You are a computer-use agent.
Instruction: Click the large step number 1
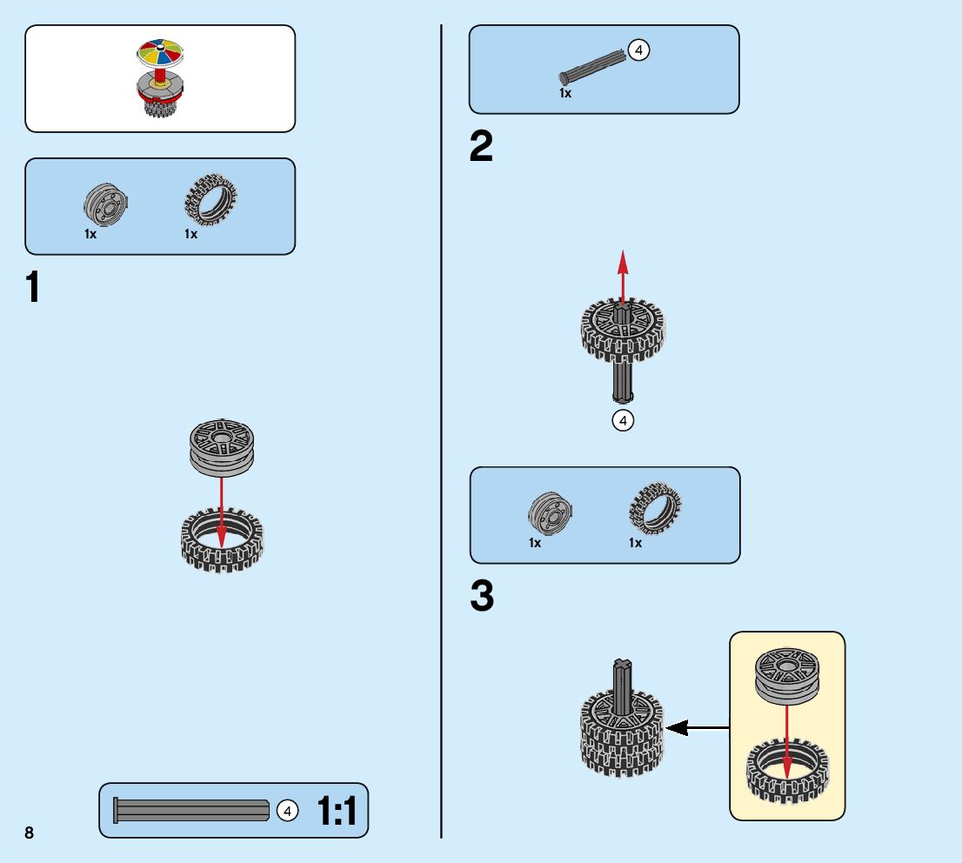[x=34, y=288]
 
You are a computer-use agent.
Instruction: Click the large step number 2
[x=480, y=147]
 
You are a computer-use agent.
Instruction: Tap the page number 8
[x=30, y=833]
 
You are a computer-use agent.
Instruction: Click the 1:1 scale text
[x=337, y=812]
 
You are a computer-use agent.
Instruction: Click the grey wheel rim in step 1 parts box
[x=107, y=205]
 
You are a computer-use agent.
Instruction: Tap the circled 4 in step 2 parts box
[x=638, y=51]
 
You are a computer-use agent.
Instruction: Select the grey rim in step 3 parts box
[x=551, y=513]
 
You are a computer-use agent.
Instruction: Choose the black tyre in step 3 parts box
[x=655, y=509]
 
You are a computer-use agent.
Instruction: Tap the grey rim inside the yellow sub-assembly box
[x=787, y=673]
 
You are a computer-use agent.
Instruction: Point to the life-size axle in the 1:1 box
[x=191, y=811]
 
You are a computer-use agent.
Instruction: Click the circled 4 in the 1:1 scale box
[x=287, y=811]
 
